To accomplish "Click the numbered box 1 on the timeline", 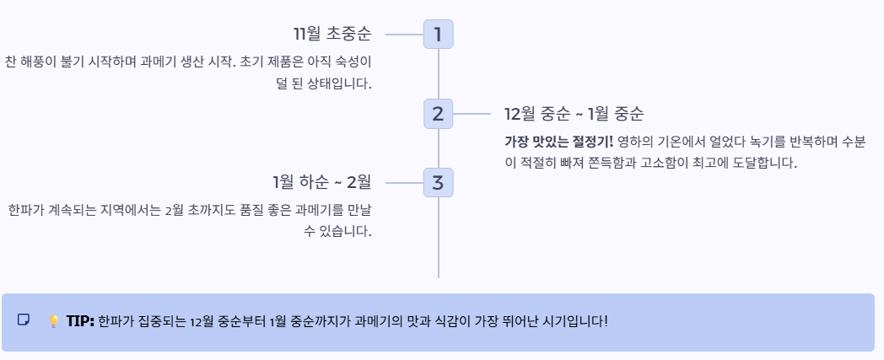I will pos(438,35).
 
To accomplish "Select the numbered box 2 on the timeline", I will pos(438,114).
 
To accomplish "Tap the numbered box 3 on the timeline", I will pos(438,181).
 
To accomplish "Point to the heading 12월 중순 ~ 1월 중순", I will pos(574,114).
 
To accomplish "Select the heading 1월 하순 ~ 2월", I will pos(321,181).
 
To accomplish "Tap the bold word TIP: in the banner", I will pos(80,321).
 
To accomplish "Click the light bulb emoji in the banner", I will pos(53,321).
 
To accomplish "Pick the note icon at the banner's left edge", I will pos(24,320).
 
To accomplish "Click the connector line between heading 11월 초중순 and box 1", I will pos(403,35).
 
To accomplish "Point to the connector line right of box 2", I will pos(472,114).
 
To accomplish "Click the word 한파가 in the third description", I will pos(23,209).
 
